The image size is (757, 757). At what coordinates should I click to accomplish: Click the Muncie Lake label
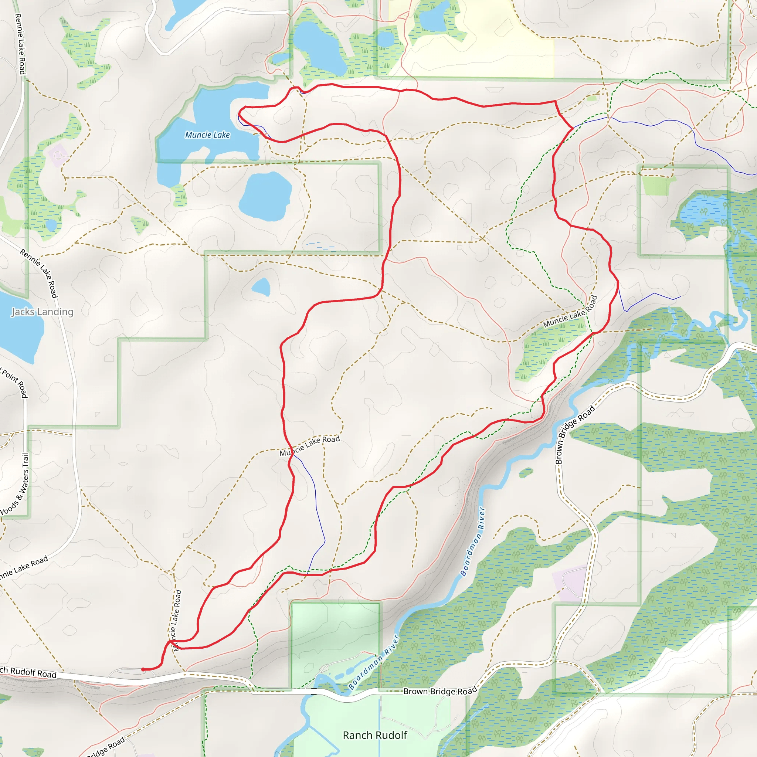[207, 135]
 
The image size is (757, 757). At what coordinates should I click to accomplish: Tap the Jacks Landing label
[42, 312]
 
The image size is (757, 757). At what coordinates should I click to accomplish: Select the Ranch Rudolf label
[375, 736]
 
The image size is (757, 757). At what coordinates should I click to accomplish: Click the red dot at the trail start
[143, 670]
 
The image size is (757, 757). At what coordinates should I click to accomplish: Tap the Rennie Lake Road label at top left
[20, 44]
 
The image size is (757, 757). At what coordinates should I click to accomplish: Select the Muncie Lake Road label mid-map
[309, 446]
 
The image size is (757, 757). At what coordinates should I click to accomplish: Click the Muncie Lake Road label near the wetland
[570, 312]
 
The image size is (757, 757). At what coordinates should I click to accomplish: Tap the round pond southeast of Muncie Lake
[265, 196]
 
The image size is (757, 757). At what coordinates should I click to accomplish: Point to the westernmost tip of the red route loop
[240, 113]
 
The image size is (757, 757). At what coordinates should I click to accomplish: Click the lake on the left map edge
[20, 329]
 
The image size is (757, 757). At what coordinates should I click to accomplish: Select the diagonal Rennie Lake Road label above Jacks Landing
[39, 273]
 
